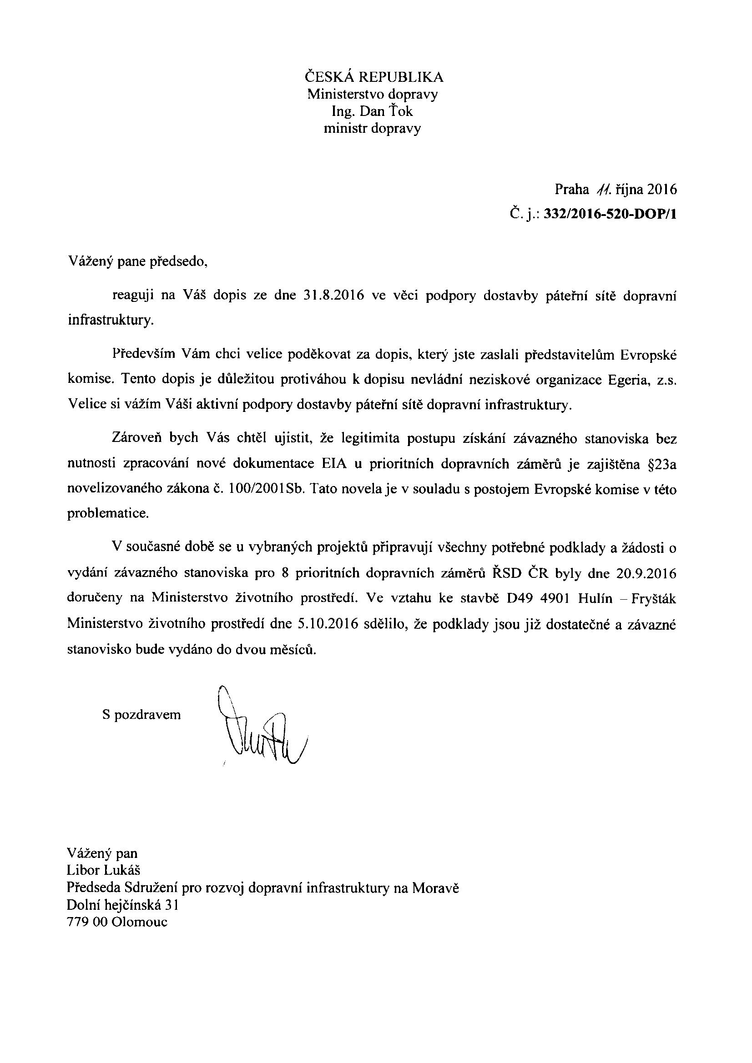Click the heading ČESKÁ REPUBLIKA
373,76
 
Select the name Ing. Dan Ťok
372,111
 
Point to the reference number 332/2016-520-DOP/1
610,214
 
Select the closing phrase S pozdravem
141,715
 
